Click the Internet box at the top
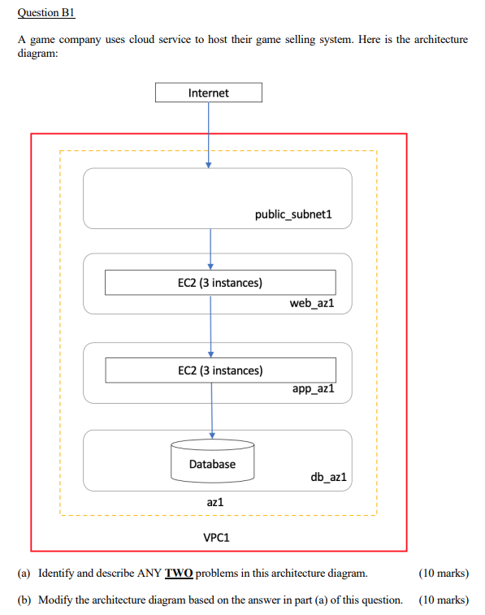point(208,93)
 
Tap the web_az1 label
point(312,303)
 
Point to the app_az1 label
point(313,389)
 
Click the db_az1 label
point(328,477)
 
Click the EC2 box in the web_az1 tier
point(219,283)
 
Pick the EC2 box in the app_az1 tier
point(219,370)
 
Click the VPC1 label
point(217,537)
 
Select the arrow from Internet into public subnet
point(209,134)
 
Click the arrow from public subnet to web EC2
point(210,249)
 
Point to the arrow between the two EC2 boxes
point(210,326)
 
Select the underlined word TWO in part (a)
point(179,574)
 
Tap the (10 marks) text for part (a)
point(443,574)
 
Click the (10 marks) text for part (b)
point(443,600)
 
